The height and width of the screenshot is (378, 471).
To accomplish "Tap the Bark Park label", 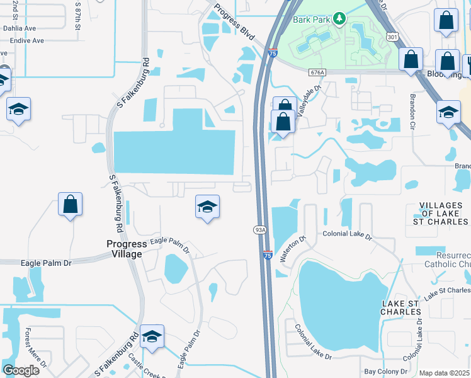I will click(310, 19).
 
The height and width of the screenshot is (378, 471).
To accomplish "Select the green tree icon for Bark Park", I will click(340, 18).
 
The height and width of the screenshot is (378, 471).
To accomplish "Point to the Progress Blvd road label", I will click(234, 23).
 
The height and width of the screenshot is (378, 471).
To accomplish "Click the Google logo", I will click(21, 370).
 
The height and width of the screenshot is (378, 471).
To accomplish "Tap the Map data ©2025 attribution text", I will click(445, 373).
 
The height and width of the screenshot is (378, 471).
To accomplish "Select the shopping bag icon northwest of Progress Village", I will click(70, 204).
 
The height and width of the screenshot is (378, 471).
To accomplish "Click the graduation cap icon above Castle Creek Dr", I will click(152, 336).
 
